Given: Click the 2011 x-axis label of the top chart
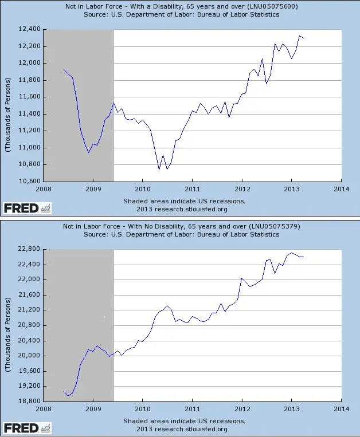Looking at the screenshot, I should [x=192, y=188].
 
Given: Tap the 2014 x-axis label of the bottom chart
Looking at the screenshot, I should [x=341, y=409].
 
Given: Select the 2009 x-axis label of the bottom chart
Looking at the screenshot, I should [x=93, y=409].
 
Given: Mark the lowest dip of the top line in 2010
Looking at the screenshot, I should [x=159, y=170].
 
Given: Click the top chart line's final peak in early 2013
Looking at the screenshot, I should [x=299, y=36].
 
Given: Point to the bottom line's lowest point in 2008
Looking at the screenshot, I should [x=68, y=396].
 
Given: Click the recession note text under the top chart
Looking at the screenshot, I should [x=184, y=201].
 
